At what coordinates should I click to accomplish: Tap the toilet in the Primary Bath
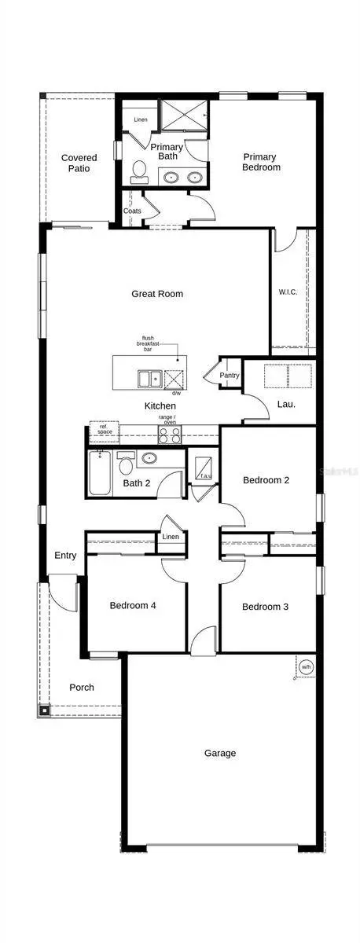coord(140,171)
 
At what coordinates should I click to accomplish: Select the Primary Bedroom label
coord(261,162)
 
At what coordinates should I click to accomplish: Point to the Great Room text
coord(157,294)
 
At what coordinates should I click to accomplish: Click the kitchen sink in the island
coord(150,380)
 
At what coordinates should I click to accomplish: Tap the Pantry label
coord(230,376)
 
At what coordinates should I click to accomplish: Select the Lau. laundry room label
coord(286,404)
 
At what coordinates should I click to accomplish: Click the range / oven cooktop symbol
coord(169,434)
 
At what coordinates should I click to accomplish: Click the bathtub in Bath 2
coord(99,474)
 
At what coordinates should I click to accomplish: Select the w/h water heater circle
coord(306,667)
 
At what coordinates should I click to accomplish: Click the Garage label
coord(220,753)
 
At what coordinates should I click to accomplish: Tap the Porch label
coord(81,687)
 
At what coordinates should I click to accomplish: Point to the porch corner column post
coord(44,710)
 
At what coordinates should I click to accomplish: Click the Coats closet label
coord(132,211)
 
